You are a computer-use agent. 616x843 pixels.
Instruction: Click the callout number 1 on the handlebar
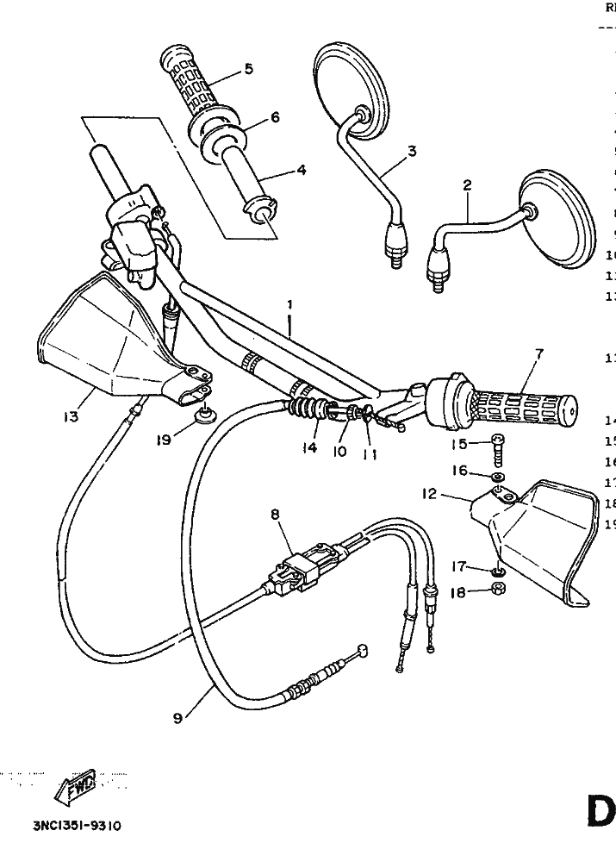[289, 305]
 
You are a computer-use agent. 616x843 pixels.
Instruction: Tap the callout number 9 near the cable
[177, 717]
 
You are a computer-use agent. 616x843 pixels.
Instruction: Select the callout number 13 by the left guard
[72, 417]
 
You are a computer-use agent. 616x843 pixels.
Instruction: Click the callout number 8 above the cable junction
[275, 515]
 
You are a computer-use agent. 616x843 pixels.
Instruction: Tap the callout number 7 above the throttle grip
[539, 353]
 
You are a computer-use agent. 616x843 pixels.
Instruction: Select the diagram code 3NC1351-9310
[78, 826]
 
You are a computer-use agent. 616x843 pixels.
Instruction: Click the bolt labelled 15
[497, 449]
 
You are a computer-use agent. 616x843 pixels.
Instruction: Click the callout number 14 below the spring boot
[309, 448]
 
